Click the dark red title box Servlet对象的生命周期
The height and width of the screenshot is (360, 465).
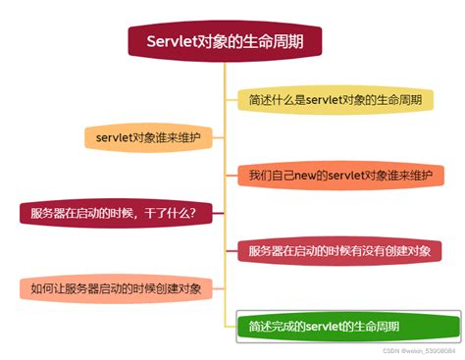tap(225, 42)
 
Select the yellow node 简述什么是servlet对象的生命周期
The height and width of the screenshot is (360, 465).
tap(336, 100)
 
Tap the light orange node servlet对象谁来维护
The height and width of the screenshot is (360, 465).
tap(148, 138)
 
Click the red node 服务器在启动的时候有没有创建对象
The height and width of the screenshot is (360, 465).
tap(339, 250)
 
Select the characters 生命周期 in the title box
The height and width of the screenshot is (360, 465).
tap(275, 42)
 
